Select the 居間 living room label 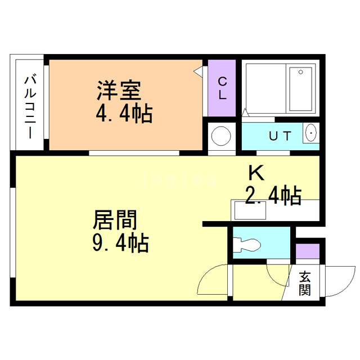click(115, 219)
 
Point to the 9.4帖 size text click(120, 242)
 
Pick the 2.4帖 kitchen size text click(273, 195)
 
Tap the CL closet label click(222, 88)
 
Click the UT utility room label click(280, 136)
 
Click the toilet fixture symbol click(248, 244)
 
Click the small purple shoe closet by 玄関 click(308, 251)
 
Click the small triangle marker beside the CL click(198, 71)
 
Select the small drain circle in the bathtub click(301, 72)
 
